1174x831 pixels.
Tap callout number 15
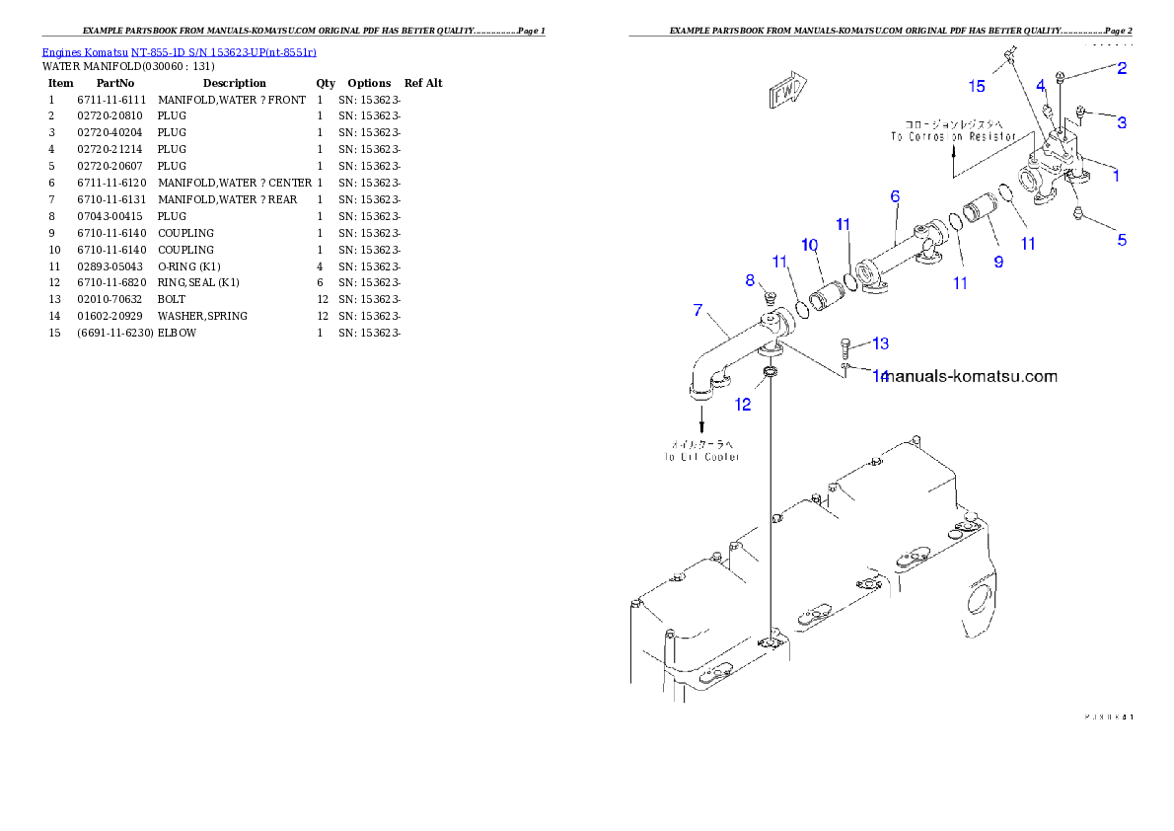point(976,86)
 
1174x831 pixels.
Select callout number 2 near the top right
point(1122,68)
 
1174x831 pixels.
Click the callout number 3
point(1122,122)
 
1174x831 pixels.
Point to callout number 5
point(1122,239)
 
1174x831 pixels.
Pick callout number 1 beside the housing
point(1116,176)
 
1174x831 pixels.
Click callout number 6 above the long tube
point(895,196)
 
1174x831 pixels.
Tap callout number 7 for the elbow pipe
point(697,310)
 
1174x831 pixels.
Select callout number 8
point(750,280)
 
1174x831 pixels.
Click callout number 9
point(998,262)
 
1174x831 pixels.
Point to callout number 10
point(809,244)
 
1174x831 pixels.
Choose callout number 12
point(742,404)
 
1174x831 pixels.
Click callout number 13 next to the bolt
point(880,343)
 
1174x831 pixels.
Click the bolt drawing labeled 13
point(846,346)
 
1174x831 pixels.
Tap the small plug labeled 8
point(772,297)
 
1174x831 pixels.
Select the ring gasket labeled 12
point(770,373)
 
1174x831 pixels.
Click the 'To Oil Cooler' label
point(701,457)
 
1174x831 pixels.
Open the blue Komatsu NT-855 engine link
point(179,52)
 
